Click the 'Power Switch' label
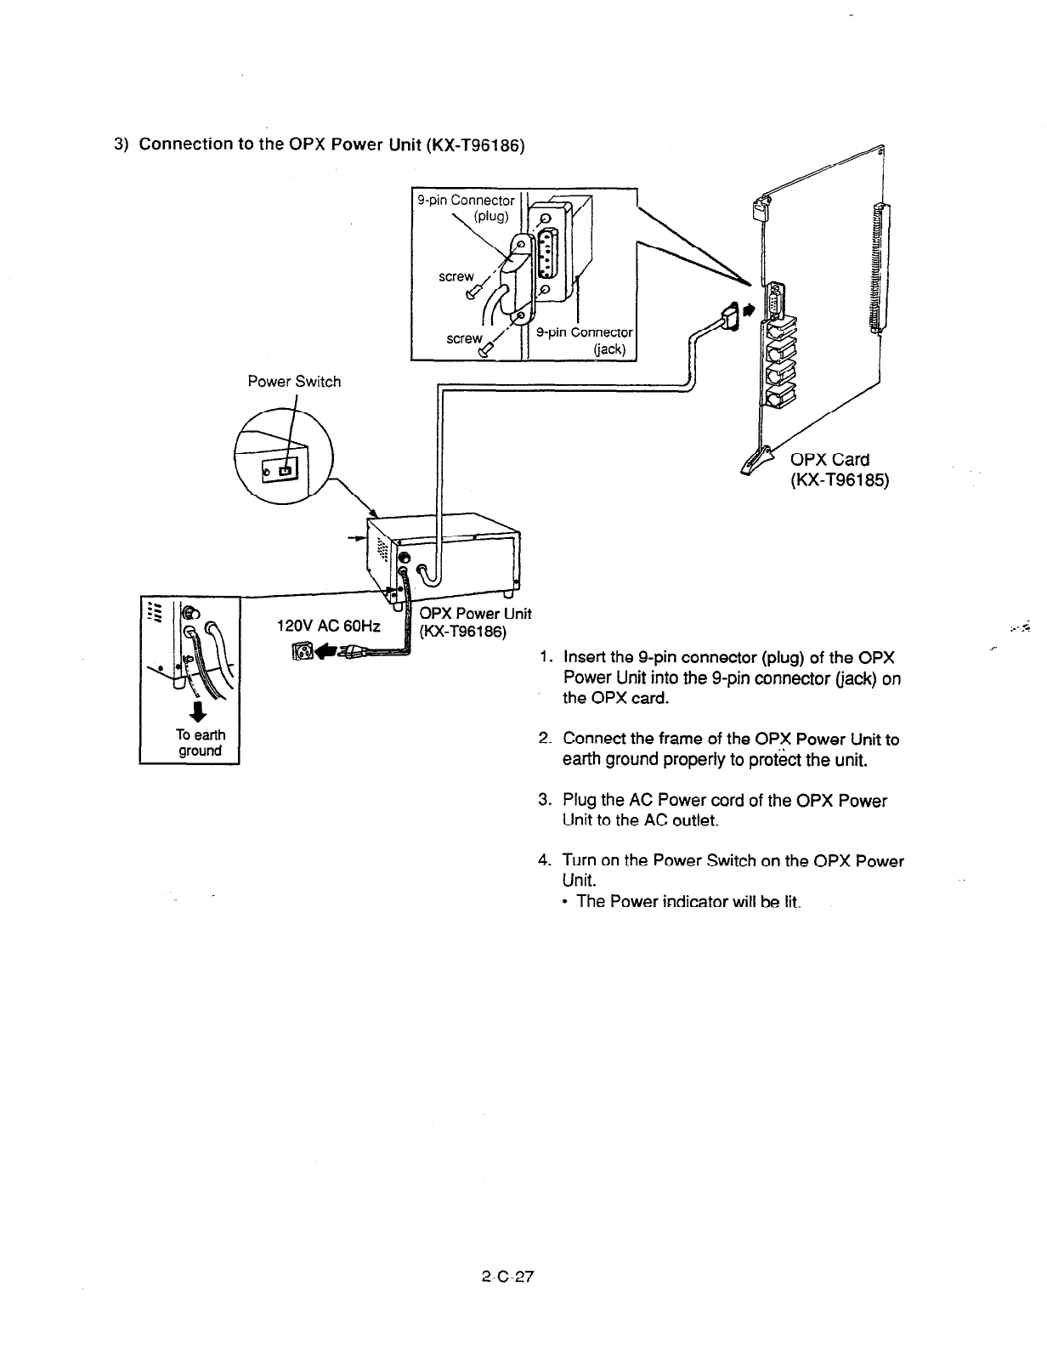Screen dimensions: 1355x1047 (294, 382)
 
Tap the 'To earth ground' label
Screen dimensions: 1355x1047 (200, 743)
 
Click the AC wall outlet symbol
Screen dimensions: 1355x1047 (303, 651)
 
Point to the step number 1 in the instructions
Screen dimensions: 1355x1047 (544, 659)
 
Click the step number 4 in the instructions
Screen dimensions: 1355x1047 (544, 861)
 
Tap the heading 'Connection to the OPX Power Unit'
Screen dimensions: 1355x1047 (331, 144)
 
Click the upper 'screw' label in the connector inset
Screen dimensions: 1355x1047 (456, 276)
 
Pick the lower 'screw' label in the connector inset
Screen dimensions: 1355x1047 (465, 338)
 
